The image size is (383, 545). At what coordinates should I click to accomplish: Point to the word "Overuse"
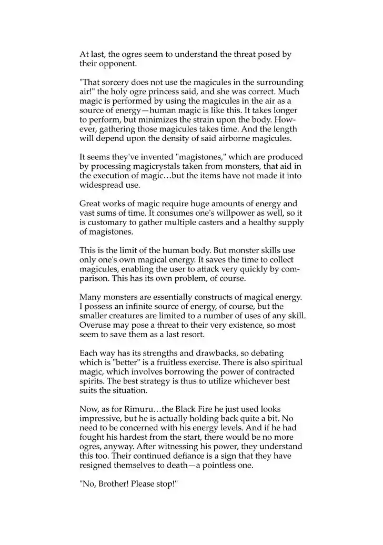[x=96, y=325]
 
